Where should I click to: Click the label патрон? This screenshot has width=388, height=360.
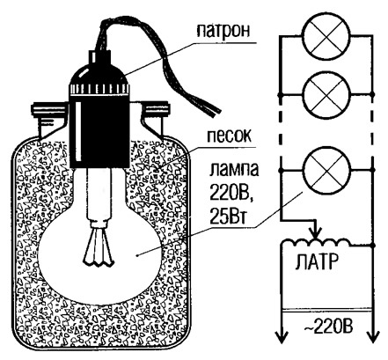pos(223,31)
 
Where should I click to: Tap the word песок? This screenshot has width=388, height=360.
pos(230,136)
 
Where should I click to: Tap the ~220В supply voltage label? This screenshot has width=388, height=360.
pos(328,327)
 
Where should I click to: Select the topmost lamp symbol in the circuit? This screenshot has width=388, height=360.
pos(326,37)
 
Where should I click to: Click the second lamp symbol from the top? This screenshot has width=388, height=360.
pos(327,94)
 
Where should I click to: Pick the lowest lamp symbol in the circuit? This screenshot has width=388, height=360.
pos(326,170)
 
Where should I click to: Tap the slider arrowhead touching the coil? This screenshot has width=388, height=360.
pos(315,235)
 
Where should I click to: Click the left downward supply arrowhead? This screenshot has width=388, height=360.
pos(282,337)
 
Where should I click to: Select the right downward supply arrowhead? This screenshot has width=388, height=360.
pos(372,337)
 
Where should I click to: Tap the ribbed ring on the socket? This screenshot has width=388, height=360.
pos(99,89)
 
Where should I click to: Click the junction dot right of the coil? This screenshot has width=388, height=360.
pos(373,244)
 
